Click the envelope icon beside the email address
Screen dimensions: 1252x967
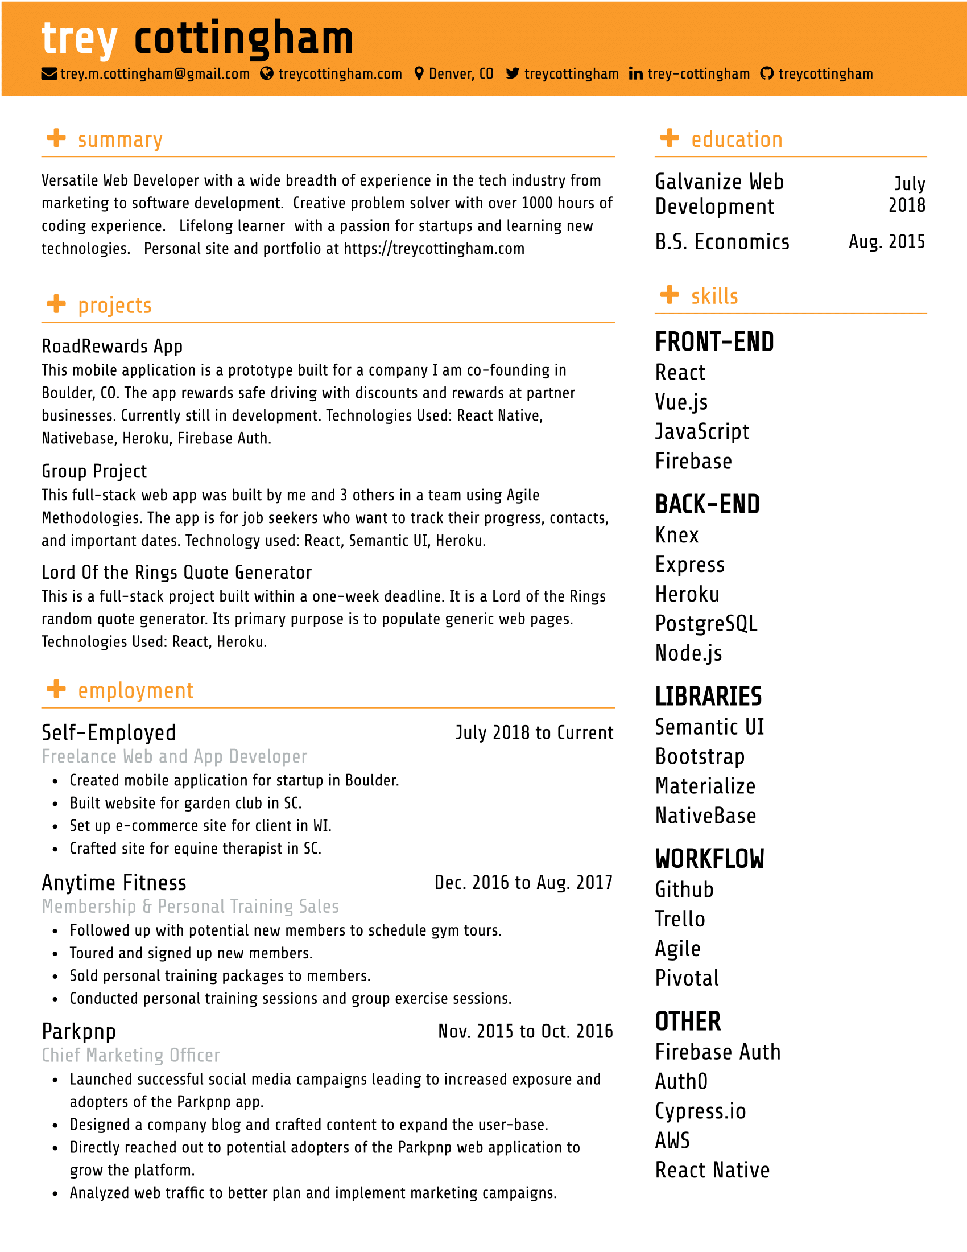pos(49,74)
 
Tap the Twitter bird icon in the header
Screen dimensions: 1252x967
pos(512,73)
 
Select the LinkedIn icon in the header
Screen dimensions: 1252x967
pos(635,74)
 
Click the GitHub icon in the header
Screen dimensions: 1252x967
pos(767,73)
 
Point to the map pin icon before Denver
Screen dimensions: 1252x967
pos(419,73)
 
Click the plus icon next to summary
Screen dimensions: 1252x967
pos(56,138)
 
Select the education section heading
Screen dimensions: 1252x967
pos(736,139)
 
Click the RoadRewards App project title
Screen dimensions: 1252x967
pos(112,346)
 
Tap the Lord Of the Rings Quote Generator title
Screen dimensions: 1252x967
pos(176,572)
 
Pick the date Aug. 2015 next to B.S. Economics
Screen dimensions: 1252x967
pos(886,242)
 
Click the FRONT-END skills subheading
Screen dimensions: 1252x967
pos(714,342)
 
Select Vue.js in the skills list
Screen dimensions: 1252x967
pos(681,402)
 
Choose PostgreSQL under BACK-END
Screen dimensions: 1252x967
pos(706,623)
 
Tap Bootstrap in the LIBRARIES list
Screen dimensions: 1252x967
pos(700,757)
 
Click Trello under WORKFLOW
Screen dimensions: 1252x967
pos(680,919)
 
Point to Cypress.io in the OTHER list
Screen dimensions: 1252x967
pos(700,1111)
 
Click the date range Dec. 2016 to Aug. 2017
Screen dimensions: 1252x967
pos(523,883)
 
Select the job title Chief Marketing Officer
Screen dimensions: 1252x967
pos(131,1055)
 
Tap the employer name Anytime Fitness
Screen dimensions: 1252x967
pos(114,883)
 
